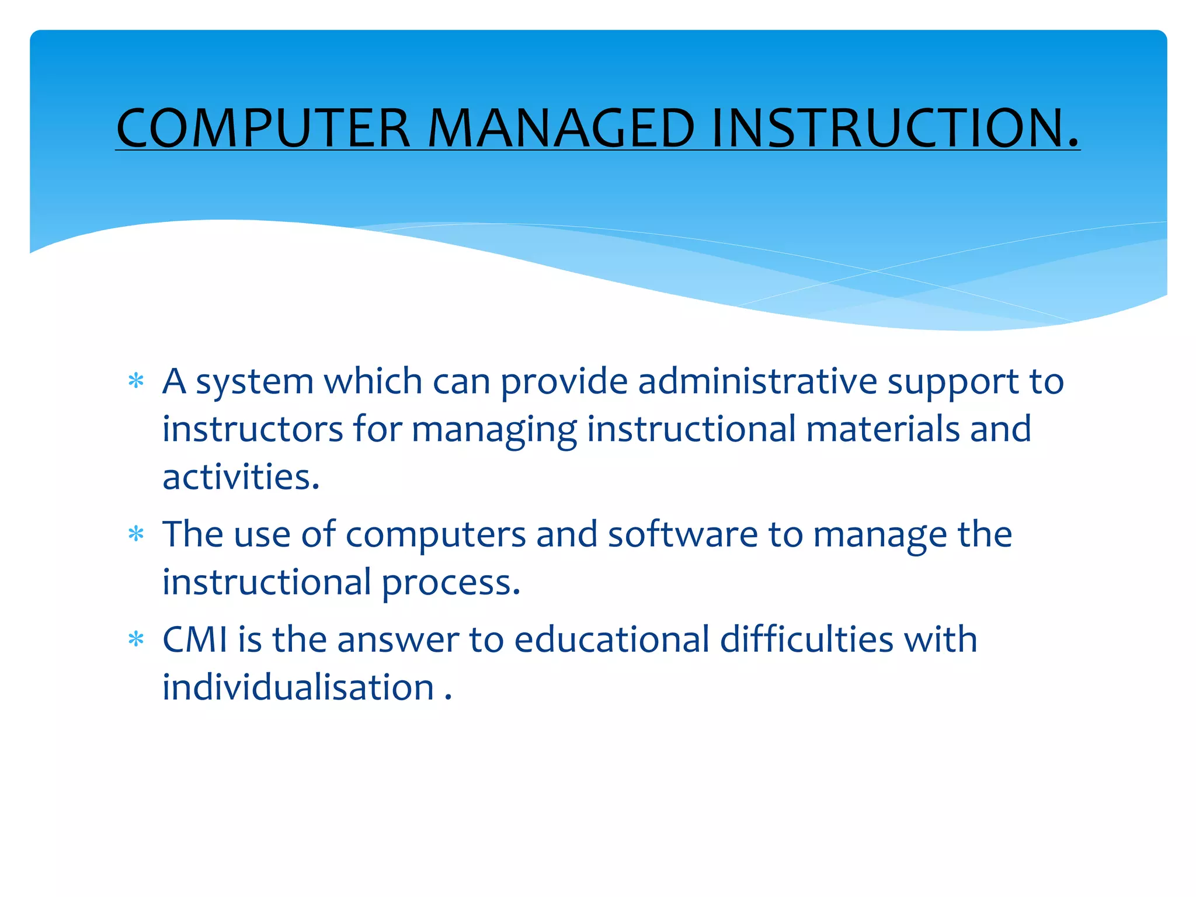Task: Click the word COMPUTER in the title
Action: pyautogui.click(x=263, y=128)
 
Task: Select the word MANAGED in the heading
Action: pyautogui.click(x=561, y=128)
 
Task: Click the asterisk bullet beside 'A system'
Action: pyautogui.click(x=136, y=381)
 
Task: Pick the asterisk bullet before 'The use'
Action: pyautogui.click(x=136, y=534)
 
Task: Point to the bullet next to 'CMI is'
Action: pyautogui.click(x=136, y=639)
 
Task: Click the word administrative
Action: pyautogui.click(x=757, y=381)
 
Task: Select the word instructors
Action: pyautogui.click(x=252, y=429)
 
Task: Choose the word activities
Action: pyautogui.click(x=241, y=477)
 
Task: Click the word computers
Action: pyautogui.click(x=436, y=534)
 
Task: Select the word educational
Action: pyautogui.click(x=611, y=639)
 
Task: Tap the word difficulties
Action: pyautogui.click(x=806, y=639)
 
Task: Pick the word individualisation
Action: pyautogui.click(x=298, y=687)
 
